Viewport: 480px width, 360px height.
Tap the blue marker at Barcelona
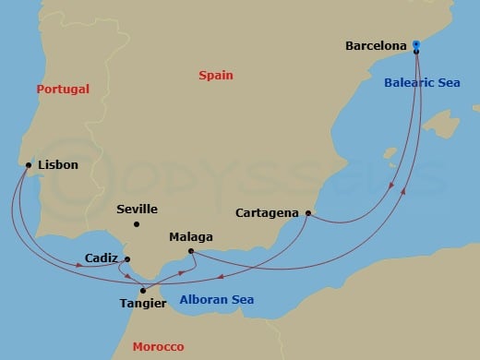(416, 43)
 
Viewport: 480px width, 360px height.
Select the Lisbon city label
(58, 165)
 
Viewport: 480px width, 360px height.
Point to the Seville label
(137, 210)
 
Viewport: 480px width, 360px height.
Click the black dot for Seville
(136, 224)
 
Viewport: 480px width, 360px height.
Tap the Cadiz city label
(101, 258)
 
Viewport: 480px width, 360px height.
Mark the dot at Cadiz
(127, 258)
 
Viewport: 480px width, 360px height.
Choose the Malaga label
(191, 237)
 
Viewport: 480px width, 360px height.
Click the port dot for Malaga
(190, 251)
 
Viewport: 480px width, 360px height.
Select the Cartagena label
(267, 212)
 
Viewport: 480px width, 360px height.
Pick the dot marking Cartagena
(307, 213)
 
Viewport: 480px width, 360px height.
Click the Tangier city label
(143, 303)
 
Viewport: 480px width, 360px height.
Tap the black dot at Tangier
(142, 291)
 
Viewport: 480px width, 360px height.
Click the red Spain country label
(216, 76)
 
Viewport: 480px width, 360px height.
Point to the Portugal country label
(63, 90)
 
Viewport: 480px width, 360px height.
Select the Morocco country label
(158, 346)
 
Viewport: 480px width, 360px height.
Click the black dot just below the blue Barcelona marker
(416, 51)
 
